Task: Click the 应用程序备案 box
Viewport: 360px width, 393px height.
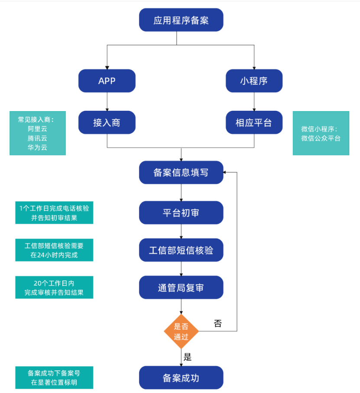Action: click(x=181, y=20)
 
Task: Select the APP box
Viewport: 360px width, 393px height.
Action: click(x=107, y=81)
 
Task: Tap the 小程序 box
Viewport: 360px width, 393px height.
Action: click(x=254, y=81)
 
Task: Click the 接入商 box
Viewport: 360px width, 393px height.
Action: click(x=107, y=122)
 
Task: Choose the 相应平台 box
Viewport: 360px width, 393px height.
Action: click(x=254, y=122)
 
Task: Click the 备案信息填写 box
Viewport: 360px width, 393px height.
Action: click(x=181, y=172)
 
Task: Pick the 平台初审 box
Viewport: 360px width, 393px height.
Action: click(x=181, y=213)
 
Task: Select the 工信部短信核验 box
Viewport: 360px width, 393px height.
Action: click(x=181, y=250)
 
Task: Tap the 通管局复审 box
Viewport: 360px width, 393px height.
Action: click(x=181, y=288)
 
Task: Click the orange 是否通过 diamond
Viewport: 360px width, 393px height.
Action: click(x=181, y=332)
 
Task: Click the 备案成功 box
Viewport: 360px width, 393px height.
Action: click(x=181, y=377)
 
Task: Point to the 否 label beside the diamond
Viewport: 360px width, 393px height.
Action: click(x=217, y=323)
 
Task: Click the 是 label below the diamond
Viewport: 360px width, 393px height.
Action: click(x=188, y=357)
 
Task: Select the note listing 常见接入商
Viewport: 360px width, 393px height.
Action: click(x=38, y=133)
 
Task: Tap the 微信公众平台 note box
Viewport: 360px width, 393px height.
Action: click(x=321, y=133)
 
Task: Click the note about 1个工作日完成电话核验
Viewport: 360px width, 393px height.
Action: click(x=54, y=213)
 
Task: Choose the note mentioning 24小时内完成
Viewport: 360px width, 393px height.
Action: click(x=54, y=250)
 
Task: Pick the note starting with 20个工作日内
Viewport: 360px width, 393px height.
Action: click(x=54, y=287)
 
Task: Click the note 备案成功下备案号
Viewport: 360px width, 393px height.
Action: click(x=54, y=377)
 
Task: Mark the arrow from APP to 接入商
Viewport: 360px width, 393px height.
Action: click(x=107, y=102)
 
